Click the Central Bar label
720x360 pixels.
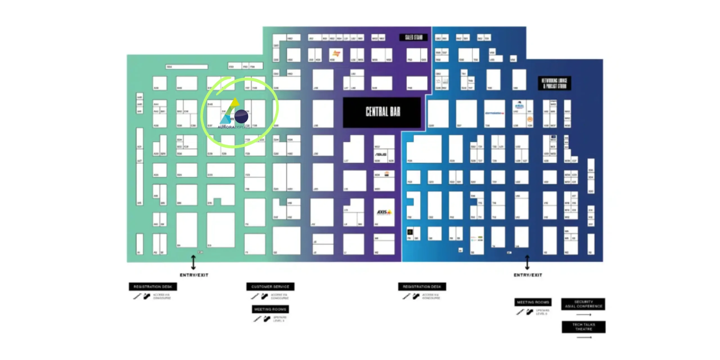pyautogui.click(x=382, y=112)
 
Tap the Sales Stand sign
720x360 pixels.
pyautogui.click(x=413, y=37)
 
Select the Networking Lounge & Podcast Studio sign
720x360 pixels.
pyautogui.click(x=554, y=83)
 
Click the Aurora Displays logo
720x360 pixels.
pyautogui.click(x=234, y=114)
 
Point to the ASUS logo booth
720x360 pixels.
pyautogui.click(x=381, y=154)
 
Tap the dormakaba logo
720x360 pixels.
pyautogui.click(x=494, y=113)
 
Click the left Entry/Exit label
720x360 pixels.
pyautogui.click(x=194, y=275)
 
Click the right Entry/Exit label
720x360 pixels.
pyautogui.click(x=528, y=275)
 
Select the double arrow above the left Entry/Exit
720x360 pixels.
pyautogui.click(x=193, y=262)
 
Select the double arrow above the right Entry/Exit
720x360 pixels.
pyautogui.click(x=527, y=262)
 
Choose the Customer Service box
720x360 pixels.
pyautogui.click(x=270, y=287)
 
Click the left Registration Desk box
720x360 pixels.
pyautogui.click(x=153, y=287)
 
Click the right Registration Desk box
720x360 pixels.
pyautogui.click(x=422, y=287)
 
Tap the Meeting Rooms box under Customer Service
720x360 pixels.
pyautogui.click(x=270, y=309)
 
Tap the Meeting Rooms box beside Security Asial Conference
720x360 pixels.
pyautogui.click(x=533, y=302)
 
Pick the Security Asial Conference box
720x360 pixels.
pyautogui.click(x=583, y=304)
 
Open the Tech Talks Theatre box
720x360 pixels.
pyautogui.click(x=584, y=327)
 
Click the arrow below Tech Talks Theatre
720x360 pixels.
pyautogui.click(x=584, y=337)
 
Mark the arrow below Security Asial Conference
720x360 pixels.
pyautogui.click(x=584, y=314)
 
